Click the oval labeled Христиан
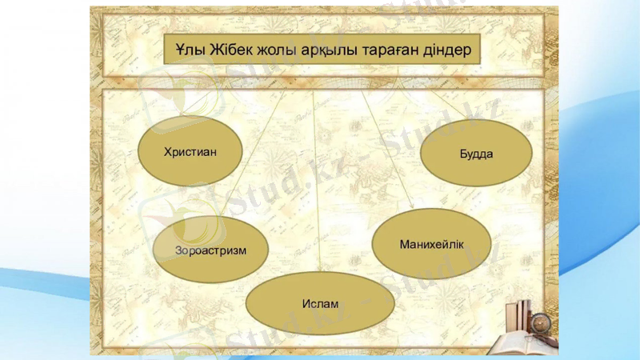[190, 151]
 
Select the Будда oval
[476, 153]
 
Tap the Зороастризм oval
[210, 250]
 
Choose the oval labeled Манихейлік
[431, 242]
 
